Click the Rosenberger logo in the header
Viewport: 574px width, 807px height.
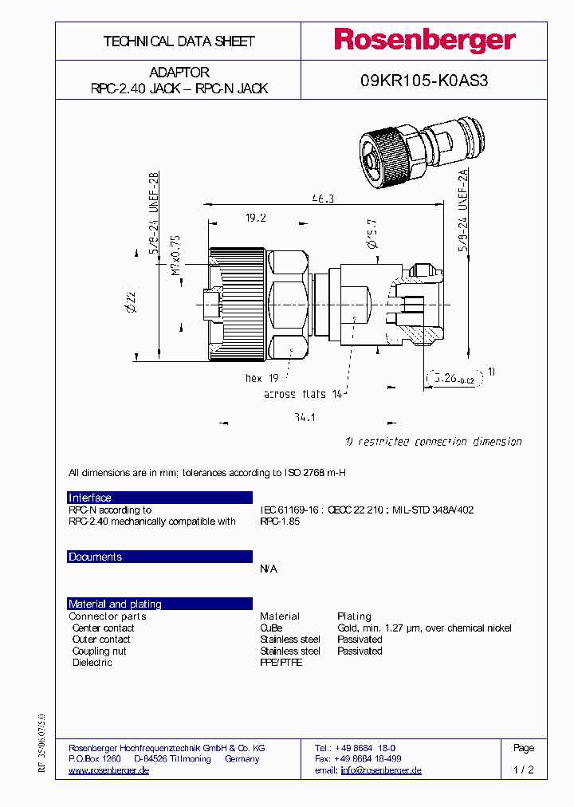point(424,41)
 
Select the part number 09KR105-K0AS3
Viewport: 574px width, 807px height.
point(424,80)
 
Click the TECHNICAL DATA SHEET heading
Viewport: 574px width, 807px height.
point(179,41)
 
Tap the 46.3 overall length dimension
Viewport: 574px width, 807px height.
point(323,199)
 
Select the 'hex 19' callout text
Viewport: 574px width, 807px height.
point(261,379)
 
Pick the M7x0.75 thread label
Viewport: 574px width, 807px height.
point(175,255)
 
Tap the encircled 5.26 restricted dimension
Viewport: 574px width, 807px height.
point(453,379)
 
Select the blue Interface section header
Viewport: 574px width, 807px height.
point(159,498)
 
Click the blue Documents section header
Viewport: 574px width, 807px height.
point(159,557)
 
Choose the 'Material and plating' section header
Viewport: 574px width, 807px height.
point(159,604)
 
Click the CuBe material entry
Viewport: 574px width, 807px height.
point(271,628)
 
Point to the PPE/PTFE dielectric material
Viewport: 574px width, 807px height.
point(281,663)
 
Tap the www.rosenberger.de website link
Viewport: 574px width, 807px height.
point(109,770)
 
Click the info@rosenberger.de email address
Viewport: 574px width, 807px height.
point(381,770)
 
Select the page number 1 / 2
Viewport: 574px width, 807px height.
point(523,770)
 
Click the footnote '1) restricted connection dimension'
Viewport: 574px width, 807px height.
point(433,442)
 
